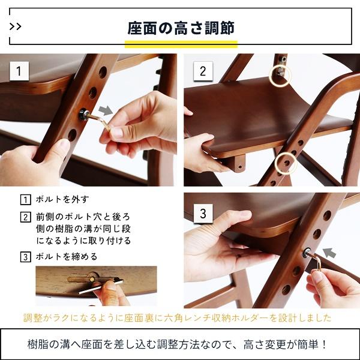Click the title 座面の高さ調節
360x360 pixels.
181,28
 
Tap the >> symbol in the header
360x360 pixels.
17,27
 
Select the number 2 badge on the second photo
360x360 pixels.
202,71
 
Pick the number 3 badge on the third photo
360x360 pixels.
202,213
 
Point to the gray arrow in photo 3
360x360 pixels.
330,251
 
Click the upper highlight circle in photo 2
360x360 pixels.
280,74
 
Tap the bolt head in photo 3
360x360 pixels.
308,254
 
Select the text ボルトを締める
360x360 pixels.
67,257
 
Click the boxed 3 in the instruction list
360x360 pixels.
25,257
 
